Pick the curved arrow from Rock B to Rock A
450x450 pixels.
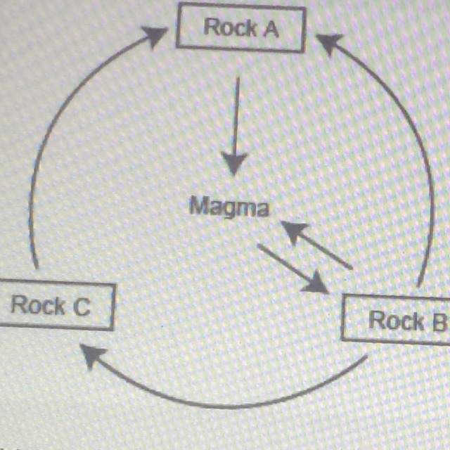click(404, 141)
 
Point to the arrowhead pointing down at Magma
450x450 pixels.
click(234, 165)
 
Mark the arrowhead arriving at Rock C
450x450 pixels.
click(94, 356)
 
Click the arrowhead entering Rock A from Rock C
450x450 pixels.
click(155, 37)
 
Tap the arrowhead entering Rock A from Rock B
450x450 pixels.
click(328, 45)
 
